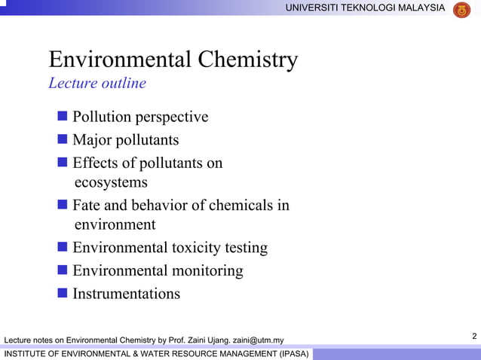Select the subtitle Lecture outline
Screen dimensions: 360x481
pos(97,83)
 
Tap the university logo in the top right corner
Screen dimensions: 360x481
pos(461,9)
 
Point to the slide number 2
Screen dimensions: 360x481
pos(473,335)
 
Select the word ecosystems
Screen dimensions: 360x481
pos(112,182)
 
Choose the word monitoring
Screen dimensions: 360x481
pos(207,270)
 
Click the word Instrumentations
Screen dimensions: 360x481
pos(126,294)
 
